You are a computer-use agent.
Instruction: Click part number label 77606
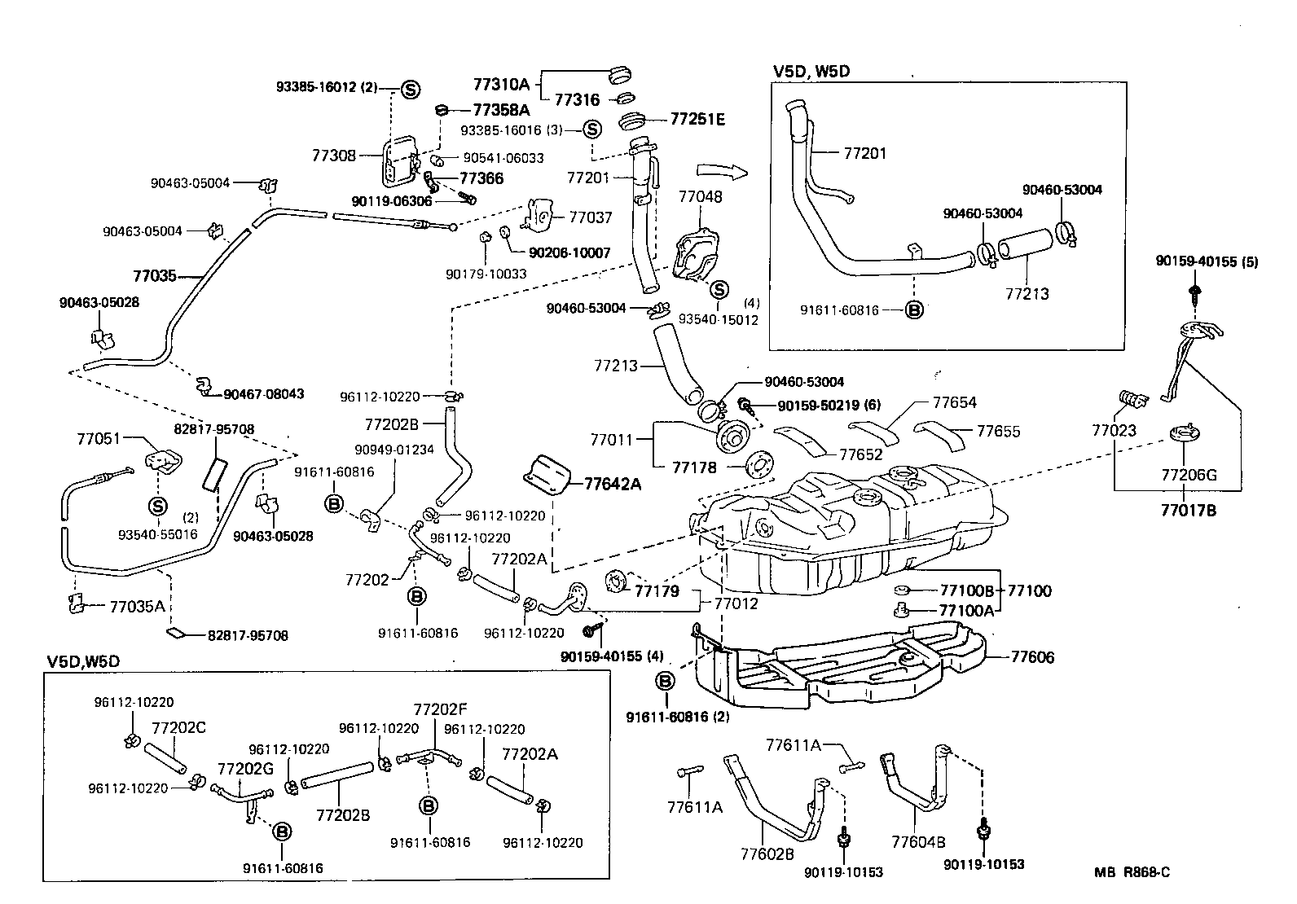click(x=1033, y=656)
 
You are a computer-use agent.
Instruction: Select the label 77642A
click(x=613, y=484)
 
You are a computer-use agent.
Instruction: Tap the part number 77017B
click(x=1188, y=511)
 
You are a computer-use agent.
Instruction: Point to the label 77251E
click(x=697, y=119)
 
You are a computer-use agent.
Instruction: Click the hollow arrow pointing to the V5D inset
click(x=722, y=172)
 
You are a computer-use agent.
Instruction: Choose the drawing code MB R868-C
click(x=1132, y=872)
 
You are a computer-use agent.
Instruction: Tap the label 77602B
click(x=767, y=854)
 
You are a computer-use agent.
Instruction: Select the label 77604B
click(x=918, y=842)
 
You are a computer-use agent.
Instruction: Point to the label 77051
click(x=99, y=438)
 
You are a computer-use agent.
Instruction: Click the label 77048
click(x=700, y=196)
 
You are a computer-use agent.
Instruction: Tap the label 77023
click(x=1114, y=429)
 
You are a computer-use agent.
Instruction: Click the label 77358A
click(x=501, y=109)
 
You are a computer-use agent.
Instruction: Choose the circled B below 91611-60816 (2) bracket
click(x=665, y=680)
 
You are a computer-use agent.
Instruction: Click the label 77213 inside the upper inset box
click(x=1027, y=293)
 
